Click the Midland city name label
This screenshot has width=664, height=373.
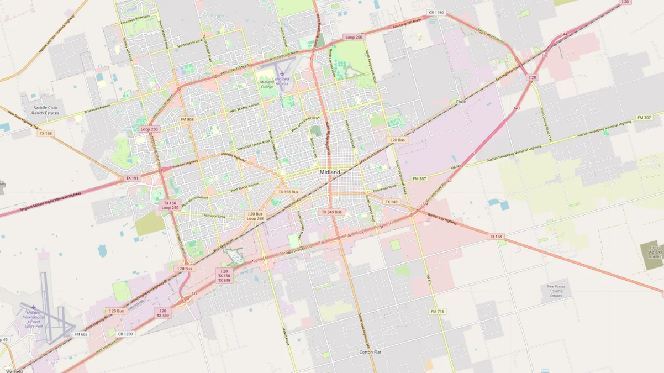(x=330, y=172)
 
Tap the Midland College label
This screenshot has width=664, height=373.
(x=267, y=84)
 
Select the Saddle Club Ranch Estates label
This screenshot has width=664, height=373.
(x=45, y=111)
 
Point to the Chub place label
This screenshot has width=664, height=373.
(x=461, y=102)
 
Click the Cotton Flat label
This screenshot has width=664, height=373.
(x=370, y=352)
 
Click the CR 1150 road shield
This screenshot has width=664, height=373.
(x=436, y=12)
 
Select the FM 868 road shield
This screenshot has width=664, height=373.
(x=187, y=119)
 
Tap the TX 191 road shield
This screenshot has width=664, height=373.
(x=132, y=178)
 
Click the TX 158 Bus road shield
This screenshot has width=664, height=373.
(x=288, y=192)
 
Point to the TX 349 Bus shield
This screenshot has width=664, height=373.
(x=331, y=212)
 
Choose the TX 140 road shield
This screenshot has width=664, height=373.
(x=391, y=202)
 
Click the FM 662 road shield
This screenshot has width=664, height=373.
(x=81, y=334)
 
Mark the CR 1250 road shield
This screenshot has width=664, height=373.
(x=125, y=334)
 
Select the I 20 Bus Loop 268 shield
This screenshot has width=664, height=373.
(x=255, y=216)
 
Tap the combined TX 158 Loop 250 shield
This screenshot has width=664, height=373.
(x=170, y=205)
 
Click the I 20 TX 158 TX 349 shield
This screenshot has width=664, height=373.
(x=224, y=276)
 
